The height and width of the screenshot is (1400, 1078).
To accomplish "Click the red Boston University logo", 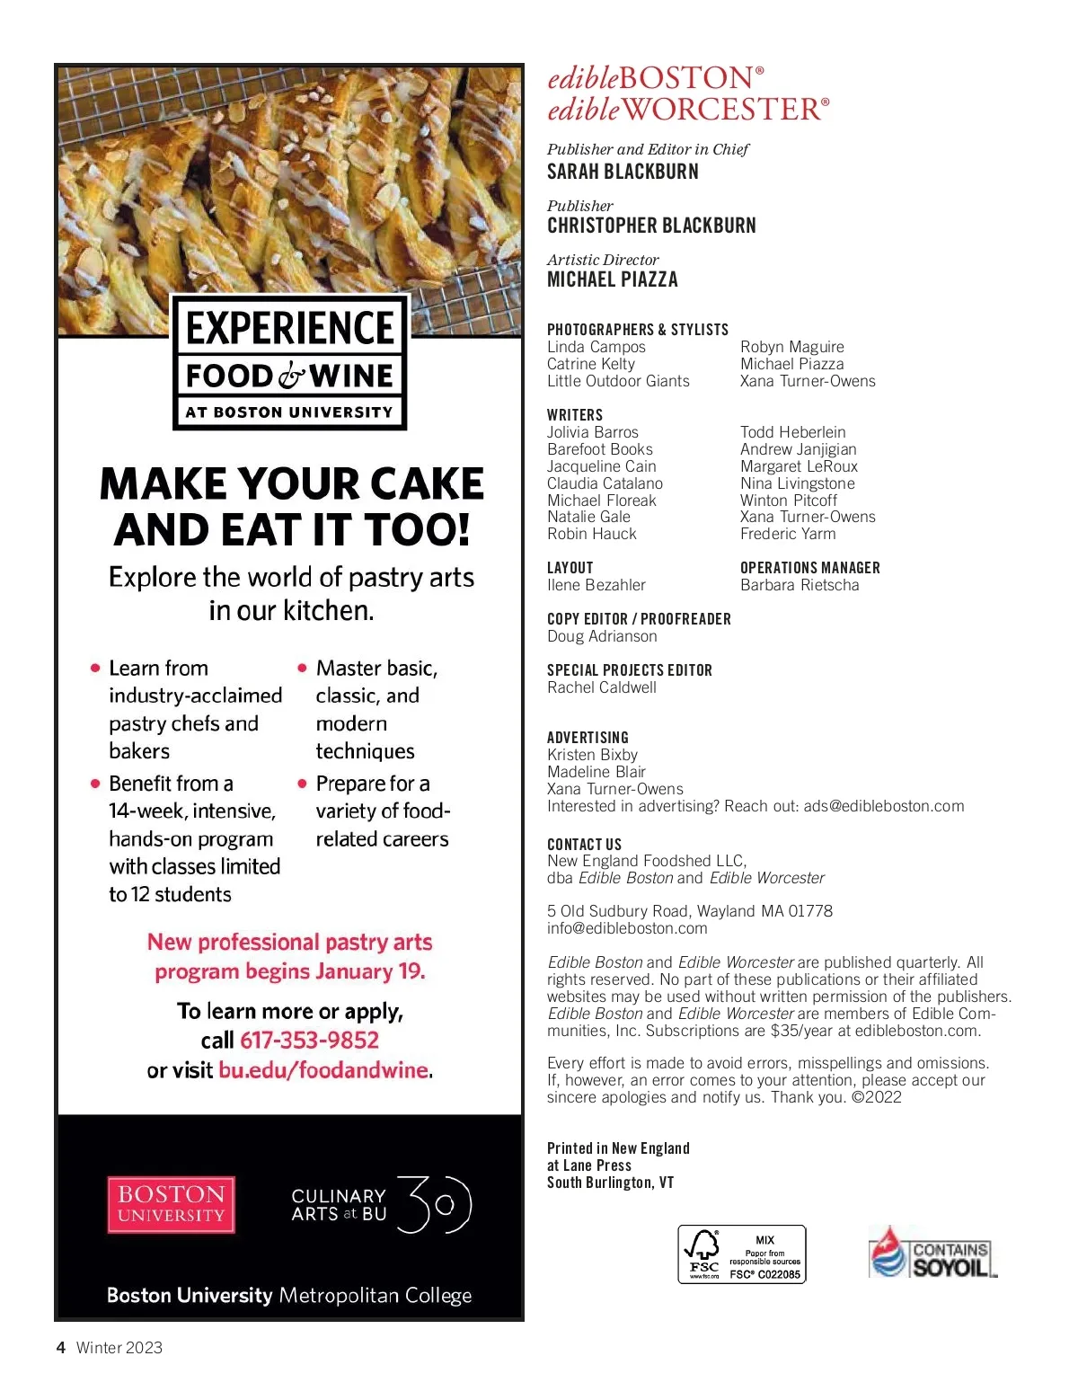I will click(x=171, y=1204).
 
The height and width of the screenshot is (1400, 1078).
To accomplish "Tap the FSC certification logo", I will click(x=741, y=1254).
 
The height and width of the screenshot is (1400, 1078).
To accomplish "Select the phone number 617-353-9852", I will click(x=309, y=1041).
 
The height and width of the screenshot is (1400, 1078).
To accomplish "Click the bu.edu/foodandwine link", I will click(x=323, y=1070).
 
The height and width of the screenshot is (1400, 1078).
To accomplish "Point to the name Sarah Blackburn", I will click(x=623, y=172).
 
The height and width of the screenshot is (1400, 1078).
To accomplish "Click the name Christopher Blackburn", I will click(x=651, y=226).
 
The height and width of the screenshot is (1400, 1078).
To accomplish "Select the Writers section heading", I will click(x=575, y=415).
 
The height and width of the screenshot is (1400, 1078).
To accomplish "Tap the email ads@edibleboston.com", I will click(x=883, y=806).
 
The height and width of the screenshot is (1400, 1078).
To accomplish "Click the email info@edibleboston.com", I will click(x=627, y=928).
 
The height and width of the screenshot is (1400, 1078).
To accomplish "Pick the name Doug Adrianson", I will click(x=602, y=636).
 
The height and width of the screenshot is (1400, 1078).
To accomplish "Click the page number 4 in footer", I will click(x=61, y=1347).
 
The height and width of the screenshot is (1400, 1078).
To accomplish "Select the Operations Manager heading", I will click(x=809, y=568).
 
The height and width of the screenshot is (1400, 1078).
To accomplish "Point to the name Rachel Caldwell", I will click(x=602, y=687).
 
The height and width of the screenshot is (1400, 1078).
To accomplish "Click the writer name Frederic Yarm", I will click(x=788, y=534).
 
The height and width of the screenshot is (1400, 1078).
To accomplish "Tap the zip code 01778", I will click(x=810, y=911).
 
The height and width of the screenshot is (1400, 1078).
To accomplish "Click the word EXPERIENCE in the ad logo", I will click(x=290, y=328).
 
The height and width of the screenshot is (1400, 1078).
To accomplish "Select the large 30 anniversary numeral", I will click(x=434, y=1204).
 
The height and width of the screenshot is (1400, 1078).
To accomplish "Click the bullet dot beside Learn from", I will click(x=95, y=668).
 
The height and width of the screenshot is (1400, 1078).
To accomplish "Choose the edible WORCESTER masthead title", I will click(x=687, y=110).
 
